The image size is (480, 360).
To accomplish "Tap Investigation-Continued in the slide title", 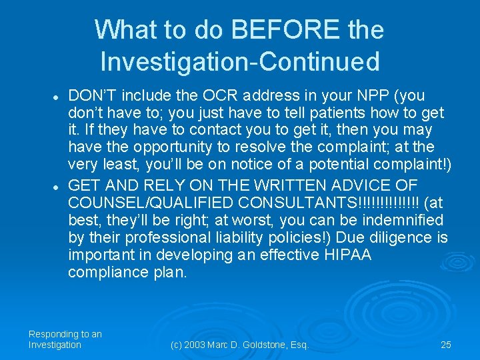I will point(240,61).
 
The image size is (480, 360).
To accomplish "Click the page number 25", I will point(446,345).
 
